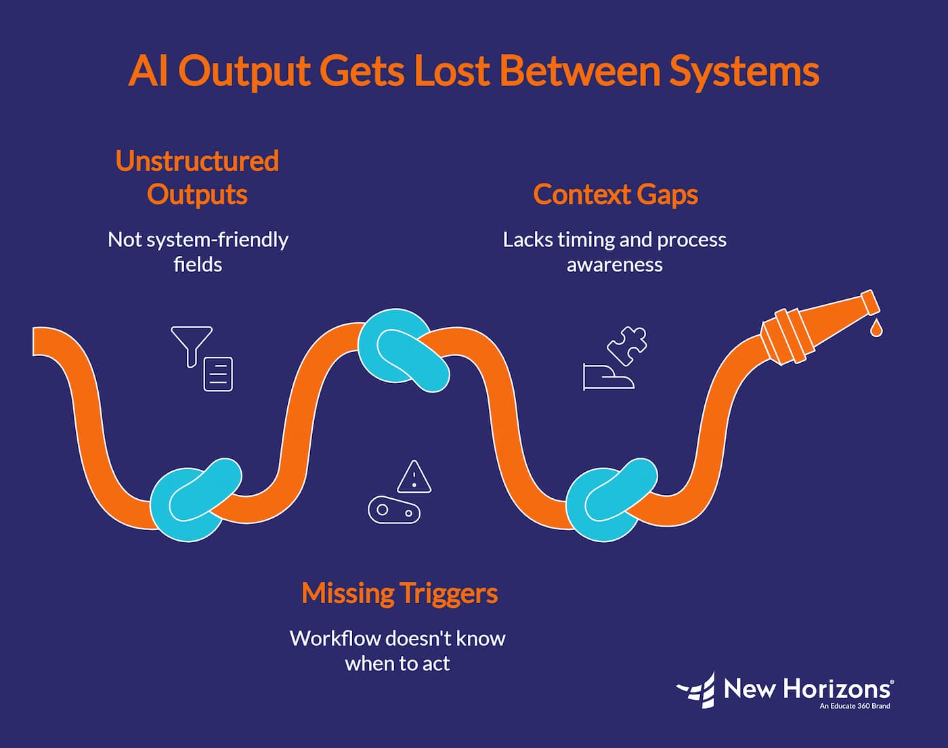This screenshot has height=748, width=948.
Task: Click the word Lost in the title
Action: click(x=451, y=70)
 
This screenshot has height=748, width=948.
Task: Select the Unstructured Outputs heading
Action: click(x=197, y=177)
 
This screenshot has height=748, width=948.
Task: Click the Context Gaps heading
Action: click(x=615, y=194)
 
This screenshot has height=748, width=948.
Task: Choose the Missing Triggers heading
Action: click(x=400, y=593)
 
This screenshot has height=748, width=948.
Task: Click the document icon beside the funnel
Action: click(x=218, y=374)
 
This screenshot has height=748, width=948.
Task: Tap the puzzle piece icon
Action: click(x=627, y=345)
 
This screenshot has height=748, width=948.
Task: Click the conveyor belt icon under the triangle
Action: click(x=394, y=510)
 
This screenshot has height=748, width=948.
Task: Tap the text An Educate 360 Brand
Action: click(x=855, y=706)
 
